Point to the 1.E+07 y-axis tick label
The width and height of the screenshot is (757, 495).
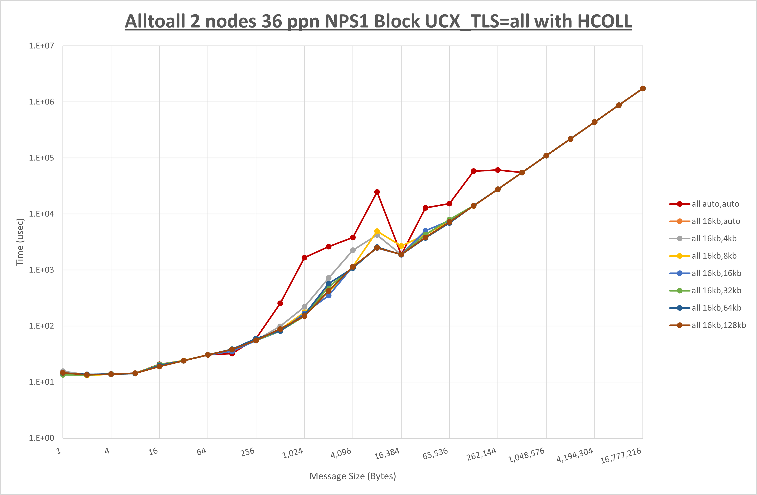pyautogui.click(x=41, y=46)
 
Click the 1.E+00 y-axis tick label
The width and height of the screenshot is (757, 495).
pyautogui.click(x=41, y=438)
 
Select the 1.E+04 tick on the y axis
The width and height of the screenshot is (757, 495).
pyautogui.click(x=41, y=214)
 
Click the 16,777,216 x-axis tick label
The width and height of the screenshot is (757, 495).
pyautogui.click(x=621, y=456)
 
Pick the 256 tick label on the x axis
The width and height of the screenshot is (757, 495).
pyautogui.click(x=248, y=452)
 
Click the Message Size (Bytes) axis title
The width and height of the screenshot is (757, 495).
pyautogui.click(x=353, y=476)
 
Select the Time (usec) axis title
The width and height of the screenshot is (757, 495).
pyautogui.click(x=20, y=242)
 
